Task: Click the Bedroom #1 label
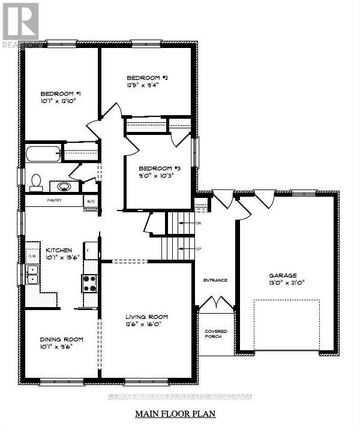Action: coord(61,93)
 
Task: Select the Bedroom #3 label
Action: coord(155,168)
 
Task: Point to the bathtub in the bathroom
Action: coord(43,153)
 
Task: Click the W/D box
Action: coord(92,201)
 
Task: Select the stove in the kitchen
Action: coord(89,282)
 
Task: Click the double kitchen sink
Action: coord(32,275)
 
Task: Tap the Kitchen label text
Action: coord(58,249)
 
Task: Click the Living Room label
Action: coord(146,317)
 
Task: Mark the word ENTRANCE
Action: coord(215,280)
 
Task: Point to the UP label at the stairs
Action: coord(198,248)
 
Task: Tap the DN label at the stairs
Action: coord(198,223)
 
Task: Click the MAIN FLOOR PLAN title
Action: coord(175,414)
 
